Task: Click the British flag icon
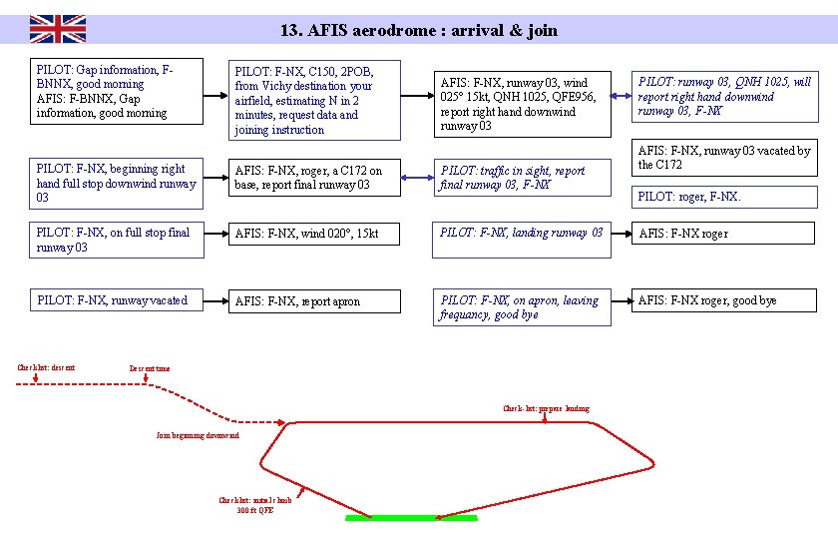(57, 29)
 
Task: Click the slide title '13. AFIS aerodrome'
(418, 30)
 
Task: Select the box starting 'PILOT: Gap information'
(117, 92)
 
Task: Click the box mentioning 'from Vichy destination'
(316, 100)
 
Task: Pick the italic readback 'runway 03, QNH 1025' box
(724, 97)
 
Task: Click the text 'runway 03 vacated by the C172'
(724, 158)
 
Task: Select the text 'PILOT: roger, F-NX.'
(688, 197)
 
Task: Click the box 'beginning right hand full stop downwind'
(117, 184)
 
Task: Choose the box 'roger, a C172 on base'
(316, 178)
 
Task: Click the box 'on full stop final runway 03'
(117, 241)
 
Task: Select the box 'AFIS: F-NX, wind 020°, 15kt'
(316, 234)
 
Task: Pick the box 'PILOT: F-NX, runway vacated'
(117, 300)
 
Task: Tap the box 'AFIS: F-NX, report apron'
(316, 301)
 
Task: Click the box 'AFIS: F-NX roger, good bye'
(724, 300)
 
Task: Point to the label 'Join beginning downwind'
(198, 436)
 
